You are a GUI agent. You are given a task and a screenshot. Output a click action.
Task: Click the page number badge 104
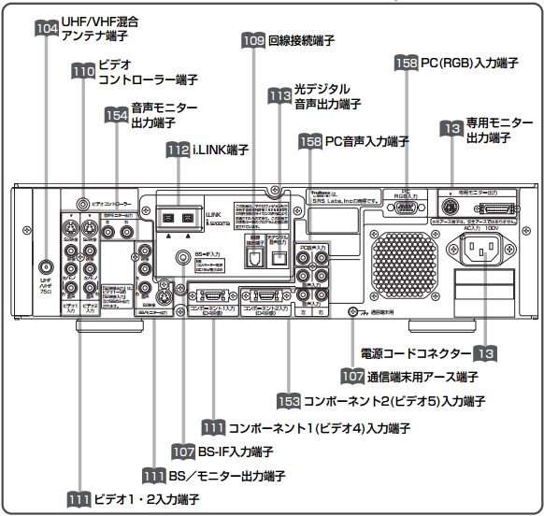pos(45,29)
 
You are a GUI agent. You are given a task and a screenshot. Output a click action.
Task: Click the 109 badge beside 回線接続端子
pos(252,41)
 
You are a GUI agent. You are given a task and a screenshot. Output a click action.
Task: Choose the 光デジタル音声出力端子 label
pos(328,95)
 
